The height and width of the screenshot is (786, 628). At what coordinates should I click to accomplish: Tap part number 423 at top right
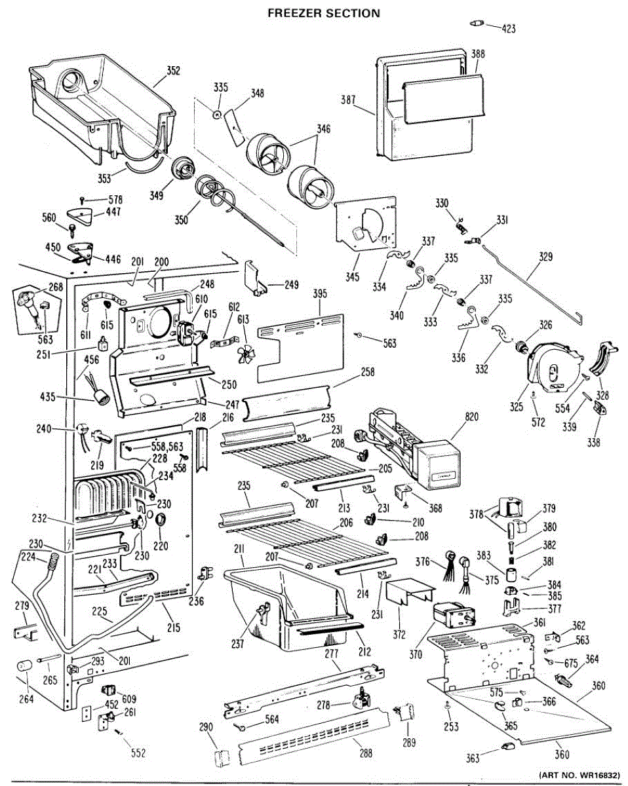pos(509,28)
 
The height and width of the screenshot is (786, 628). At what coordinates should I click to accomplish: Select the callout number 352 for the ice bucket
pos(173,71)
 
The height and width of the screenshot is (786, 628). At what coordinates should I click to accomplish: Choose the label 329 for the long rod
pos(545,258)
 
